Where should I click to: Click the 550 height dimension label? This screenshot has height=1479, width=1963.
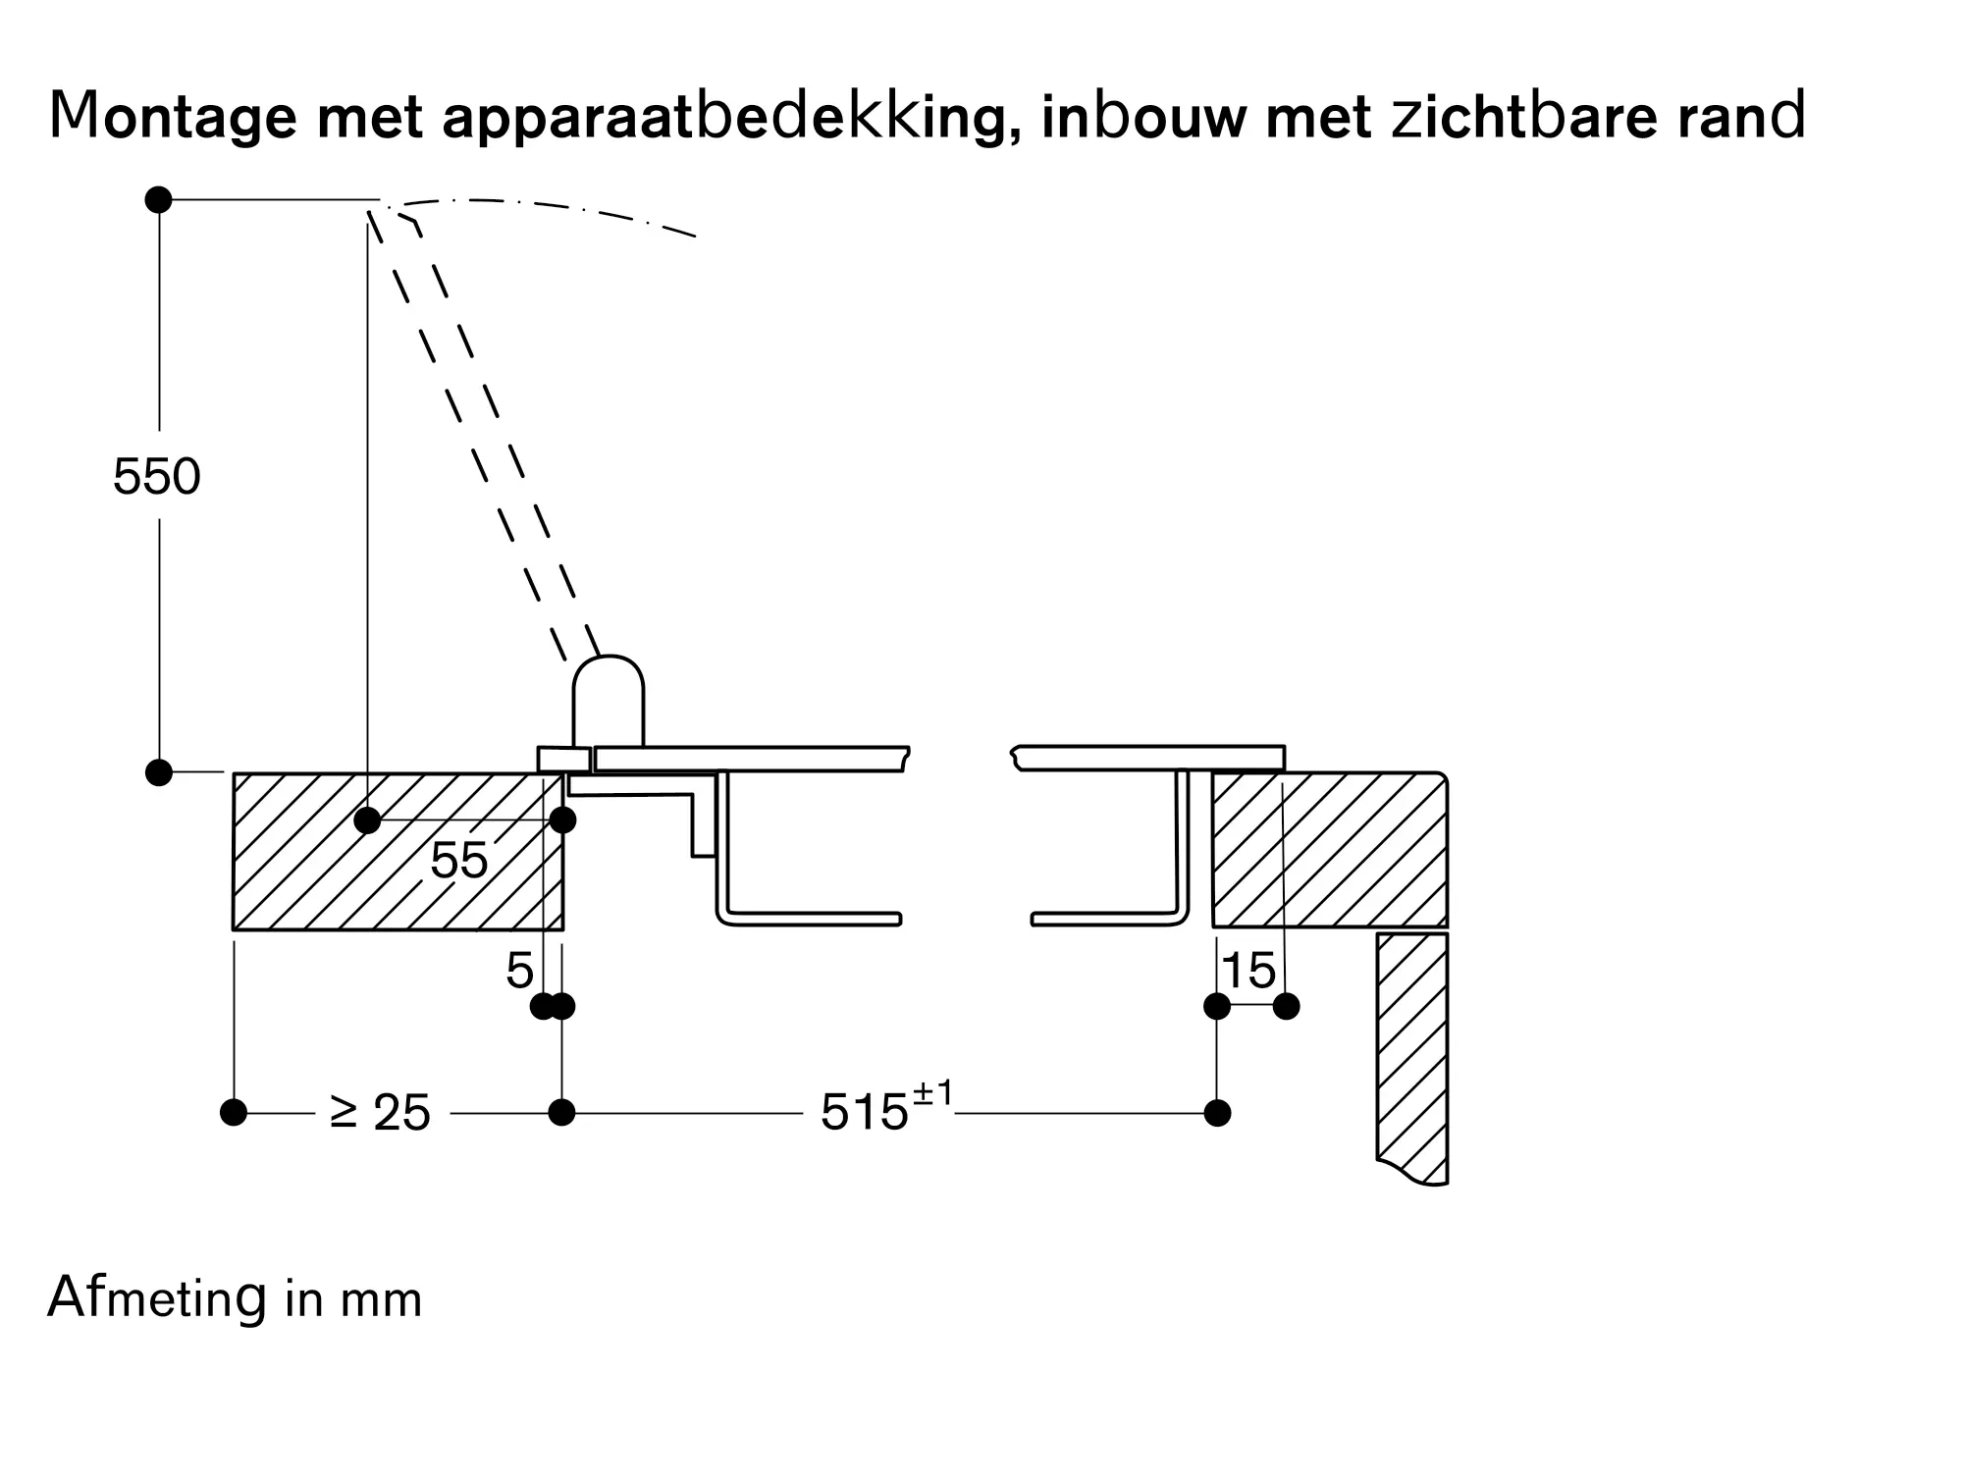point(157,477)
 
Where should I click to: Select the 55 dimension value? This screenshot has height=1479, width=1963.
point(458,861)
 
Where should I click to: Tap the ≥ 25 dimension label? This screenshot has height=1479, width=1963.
point(381,1113)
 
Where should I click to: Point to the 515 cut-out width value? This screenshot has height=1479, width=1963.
point(865,1113)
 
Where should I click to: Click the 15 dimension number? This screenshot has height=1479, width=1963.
point(1248,971)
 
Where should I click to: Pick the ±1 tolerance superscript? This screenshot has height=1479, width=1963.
point(932,1093)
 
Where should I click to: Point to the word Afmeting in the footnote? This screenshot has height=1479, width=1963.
point(157,1298)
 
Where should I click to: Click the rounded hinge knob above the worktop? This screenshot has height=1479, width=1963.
point(609,701)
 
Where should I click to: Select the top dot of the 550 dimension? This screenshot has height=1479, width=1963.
point(158,199)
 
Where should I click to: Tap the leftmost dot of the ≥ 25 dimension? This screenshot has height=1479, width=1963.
point(234,1113)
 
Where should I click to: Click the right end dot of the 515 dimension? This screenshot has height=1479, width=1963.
point(1217,1113)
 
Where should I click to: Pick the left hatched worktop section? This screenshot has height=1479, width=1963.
point(398,851)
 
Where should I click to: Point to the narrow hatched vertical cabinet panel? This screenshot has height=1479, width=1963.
point(1412,1058)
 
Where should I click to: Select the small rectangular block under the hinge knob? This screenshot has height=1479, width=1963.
point(564,760)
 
